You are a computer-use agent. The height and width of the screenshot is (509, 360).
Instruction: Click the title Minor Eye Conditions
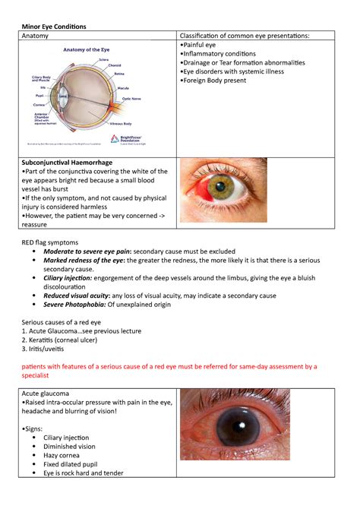pos(53,27)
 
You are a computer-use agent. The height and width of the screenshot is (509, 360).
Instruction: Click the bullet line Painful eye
pos(198,46)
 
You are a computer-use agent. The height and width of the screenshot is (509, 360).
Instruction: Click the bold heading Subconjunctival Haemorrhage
pos(68,163)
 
